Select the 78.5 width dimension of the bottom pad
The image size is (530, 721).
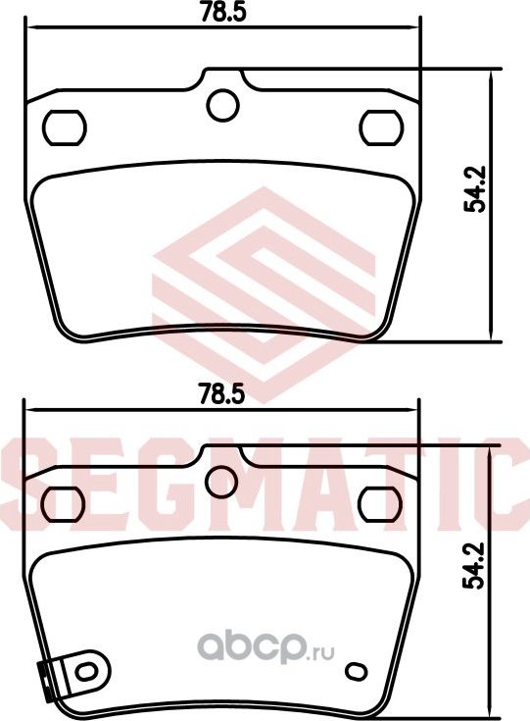(220, 394)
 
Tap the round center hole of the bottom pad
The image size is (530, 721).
(223, 481)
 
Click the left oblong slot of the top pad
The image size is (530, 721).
(66, 126)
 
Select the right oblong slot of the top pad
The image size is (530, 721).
(380, 126)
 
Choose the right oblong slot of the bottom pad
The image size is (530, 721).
(380, 502)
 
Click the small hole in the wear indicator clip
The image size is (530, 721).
(86, 672)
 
